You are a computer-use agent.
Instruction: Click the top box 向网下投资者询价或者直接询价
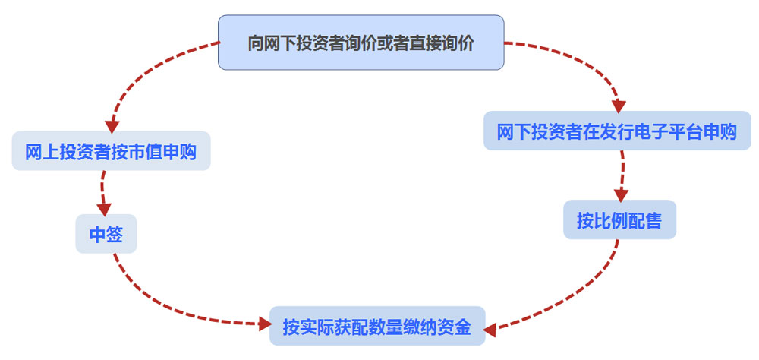pos(361,43)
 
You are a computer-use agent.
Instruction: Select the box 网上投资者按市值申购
pos(111,152)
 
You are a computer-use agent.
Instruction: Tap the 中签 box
pos(106,235)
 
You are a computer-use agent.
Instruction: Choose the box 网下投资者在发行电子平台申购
pos(617,131)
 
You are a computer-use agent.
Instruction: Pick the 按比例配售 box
pos(619,221)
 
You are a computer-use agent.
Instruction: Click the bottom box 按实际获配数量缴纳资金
pos(377,327)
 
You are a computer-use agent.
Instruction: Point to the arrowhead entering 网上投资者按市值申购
pos(112,124)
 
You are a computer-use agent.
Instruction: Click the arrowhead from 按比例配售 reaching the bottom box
pos(490,329)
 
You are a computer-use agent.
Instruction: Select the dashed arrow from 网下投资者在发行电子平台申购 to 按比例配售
pos(622,173)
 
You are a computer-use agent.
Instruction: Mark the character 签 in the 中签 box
pos(114,235)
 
